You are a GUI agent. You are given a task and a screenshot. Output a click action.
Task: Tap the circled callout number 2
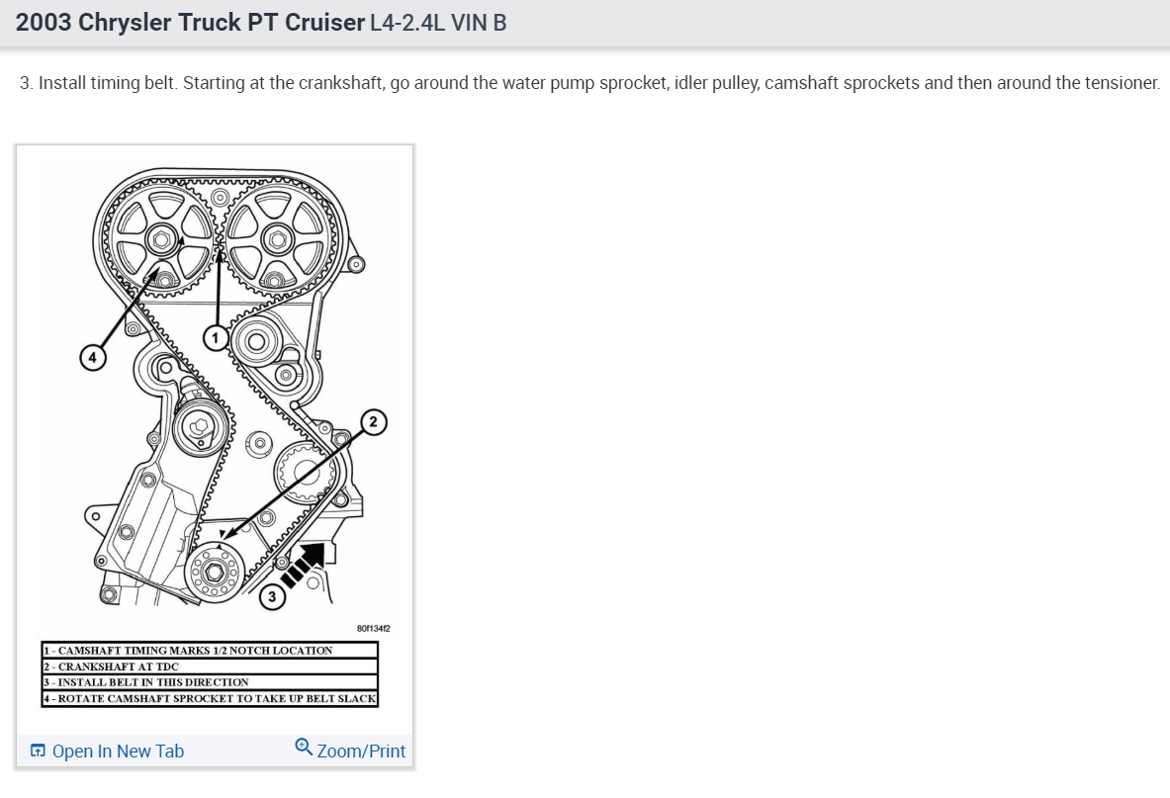pos(373,422)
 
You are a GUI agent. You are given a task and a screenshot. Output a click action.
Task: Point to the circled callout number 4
pos(93,357)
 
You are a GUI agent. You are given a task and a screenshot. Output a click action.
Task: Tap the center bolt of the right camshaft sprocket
pos(276,238)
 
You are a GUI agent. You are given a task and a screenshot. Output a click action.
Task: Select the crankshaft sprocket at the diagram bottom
pos(213,572)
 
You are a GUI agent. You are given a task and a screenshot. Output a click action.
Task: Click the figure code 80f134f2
pos(373,628)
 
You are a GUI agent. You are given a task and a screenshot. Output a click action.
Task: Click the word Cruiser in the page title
pos(324,23)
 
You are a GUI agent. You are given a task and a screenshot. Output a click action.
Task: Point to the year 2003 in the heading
pos(44,23)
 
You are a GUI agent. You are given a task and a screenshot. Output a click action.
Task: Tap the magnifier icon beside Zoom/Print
pos(304,748)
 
